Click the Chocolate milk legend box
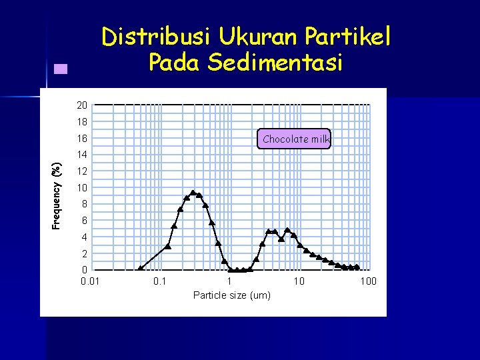click(295, 139)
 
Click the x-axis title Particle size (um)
click(231, 295)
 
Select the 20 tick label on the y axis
click(82, 105)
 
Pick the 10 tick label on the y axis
click(82, 187)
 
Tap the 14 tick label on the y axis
click(82, 155)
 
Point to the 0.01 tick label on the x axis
click(90, 281)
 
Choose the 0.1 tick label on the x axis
click(159, 281)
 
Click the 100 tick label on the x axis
click(368, 281)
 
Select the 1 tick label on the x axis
click(229, 281)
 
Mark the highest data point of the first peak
click(193, 193)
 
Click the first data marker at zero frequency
click(140, 269)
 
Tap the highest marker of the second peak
click(287, 230)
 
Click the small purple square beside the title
click(61, 68)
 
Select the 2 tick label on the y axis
click(85, 253)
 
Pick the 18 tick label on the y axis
click(82, 122)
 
